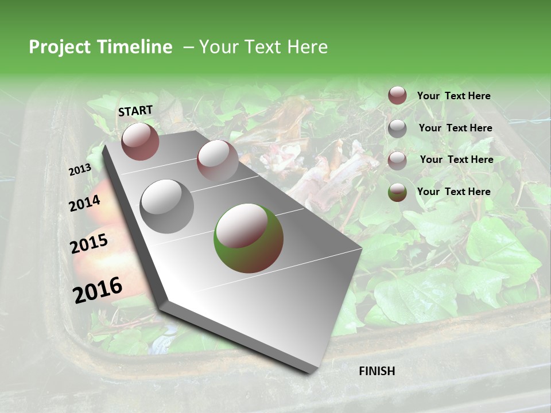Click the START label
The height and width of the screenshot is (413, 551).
(135, 111)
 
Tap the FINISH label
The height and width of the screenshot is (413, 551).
(377, 371)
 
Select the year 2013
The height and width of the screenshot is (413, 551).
(80, 170)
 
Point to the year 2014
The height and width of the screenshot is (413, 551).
(85, 204)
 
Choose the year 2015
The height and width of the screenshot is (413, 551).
(89, 244)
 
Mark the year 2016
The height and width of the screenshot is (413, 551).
(98, 290)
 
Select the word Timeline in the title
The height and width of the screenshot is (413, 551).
(136, 47)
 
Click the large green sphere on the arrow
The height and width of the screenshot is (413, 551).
(249, 238)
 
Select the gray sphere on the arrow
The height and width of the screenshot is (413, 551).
(167, 206)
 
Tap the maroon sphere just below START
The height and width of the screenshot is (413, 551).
(140, 141)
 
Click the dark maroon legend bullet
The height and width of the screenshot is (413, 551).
(397, 95)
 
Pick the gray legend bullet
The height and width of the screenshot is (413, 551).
(397, 128)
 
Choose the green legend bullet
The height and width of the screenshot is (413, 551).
(397, 192)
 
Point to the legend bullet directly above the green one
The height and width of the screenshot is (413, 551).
(397, 160)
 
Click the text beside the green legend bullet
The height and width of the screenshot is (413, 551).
(453, 192)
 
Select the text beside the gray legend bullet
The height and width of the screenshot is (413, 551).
(455, 128)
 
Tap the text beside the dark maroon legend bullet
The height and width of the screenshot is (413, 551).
(453, 96)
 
